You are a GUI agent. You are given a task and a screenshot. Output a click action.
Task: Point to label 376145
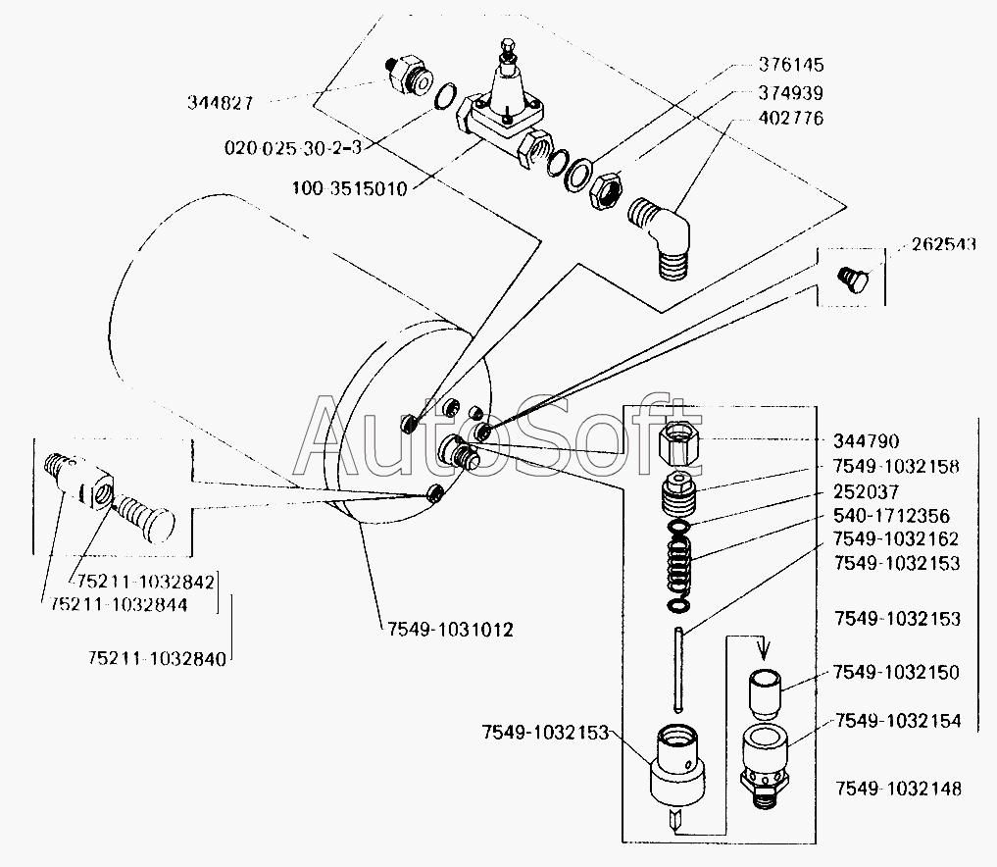click(x=791, y=67)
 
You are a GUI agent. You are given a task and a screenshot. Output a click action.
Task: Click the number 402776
click(x=791, y=119)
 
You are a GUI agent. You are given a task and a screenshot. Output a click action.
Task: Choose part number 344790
click(x=866, y=442)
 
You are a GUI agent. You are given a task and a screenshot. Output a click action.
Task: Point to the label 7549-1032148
click(x=898, y=789)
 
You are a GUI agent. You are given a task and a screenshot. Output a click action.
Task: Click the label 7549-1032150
click(x=896, y=673)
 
